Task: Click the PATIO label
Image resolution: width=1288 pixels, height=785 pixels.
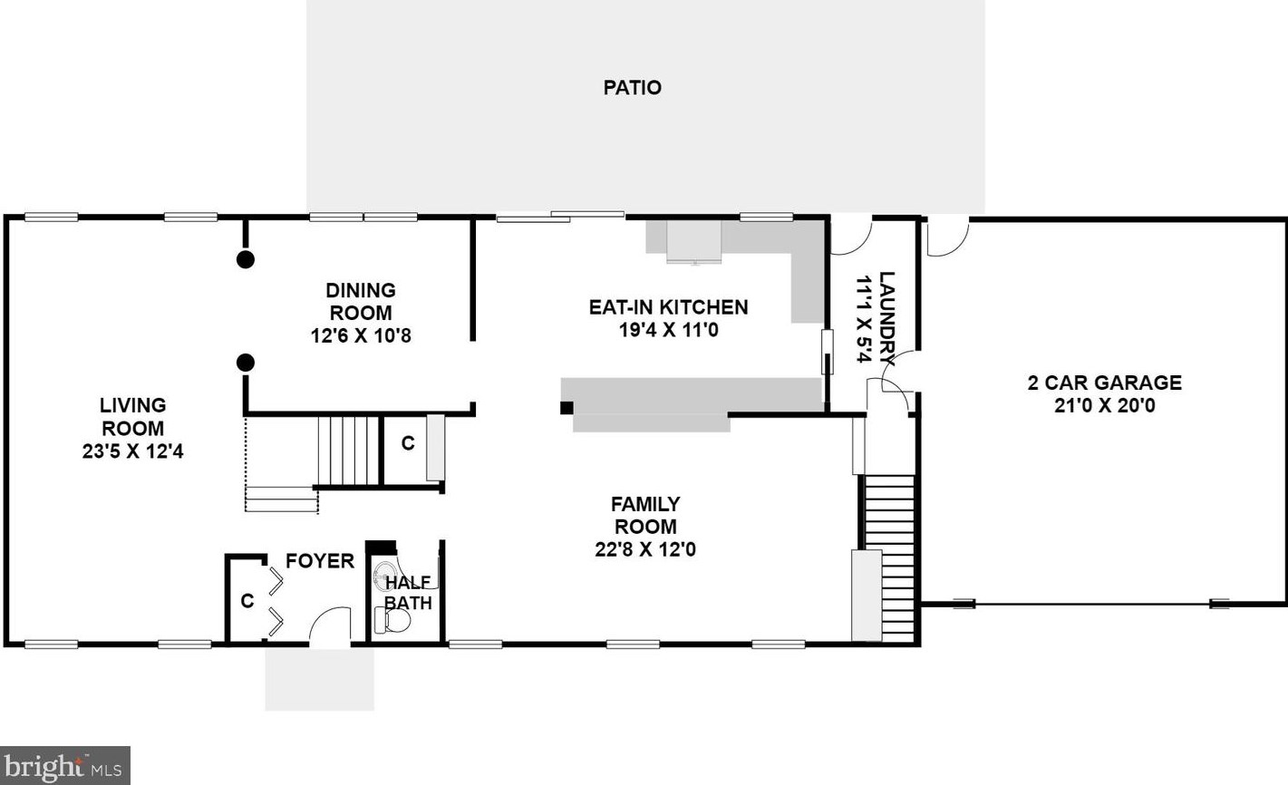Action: (x=632, y=87)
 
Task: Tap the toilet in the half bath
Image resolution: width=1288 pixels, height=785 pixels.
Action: (x=392, y=621)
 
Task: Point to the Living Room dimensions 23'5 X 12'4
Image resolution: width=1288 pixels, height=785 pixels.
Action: (x=133, y=451)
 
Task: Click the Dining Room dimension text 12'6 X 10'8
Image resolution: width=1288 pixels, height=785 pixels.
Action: (x=361, y=335)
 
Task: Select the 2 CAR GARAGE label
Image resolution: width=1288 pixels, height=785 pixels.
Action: (x=1105, y=383)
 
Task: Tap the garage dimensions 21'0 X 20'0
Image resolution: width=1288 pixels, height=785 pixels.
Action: (x=1105, y=405)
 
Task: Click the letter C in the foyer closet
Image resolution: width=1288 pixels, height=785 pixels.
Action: (x=247, y=601)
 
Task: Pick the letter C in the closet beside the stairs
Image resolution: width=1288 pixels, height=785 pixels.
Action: (x=408, y=443)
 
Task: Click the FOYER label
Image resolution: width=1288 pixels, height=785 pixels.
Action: (x=320, y=561)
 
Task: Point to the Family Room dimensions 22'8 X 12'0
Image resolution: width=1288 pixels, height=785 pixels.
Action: (x=645, y=549)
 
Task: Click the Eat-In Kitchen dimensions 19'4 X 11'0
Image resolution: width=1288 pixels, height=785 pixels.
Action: (x=669, y=330)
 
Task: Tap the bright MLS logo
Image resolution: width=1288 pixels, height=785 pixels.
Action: (x=65, y=765)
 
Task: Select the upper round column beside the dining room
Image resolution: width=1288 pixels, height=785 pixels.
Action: (x=246, y=259)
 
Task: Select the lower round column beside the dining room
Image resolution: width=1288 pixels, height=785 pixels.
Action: (x=246, y=363)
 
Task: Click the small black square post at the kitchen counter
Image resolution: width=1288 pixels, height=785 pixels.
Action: (x=567, y=408)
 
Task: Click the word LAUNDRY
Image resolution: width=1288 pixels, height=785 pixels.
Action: (x=887, y=318)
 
